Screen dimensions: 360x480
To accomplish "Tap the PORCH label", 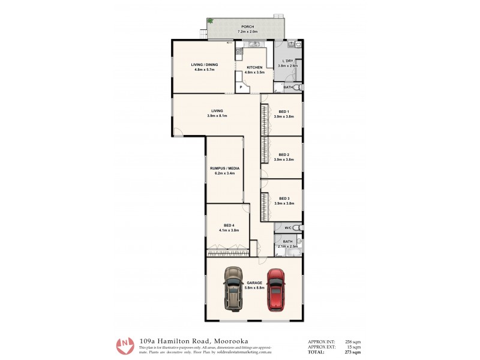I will point(247,27).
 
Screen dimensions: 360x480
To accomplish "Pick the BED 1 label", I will point(284,112).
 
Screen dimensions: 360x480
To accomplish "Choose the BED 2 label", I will point(284,155).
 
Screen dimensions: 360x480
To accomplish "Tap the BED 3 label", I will point(284,198).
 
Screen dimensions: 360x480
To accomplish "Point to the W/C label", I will point(287,227).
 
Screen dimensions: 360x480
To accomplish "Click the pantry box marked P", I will point(241,87).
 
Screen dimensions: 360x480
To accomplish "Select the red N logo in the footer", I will point(125,345).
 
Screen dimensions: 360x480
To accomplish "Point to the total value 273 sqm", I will point(353,352).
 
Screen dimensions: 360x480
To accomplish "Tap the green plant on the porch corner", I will point(210,21).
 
